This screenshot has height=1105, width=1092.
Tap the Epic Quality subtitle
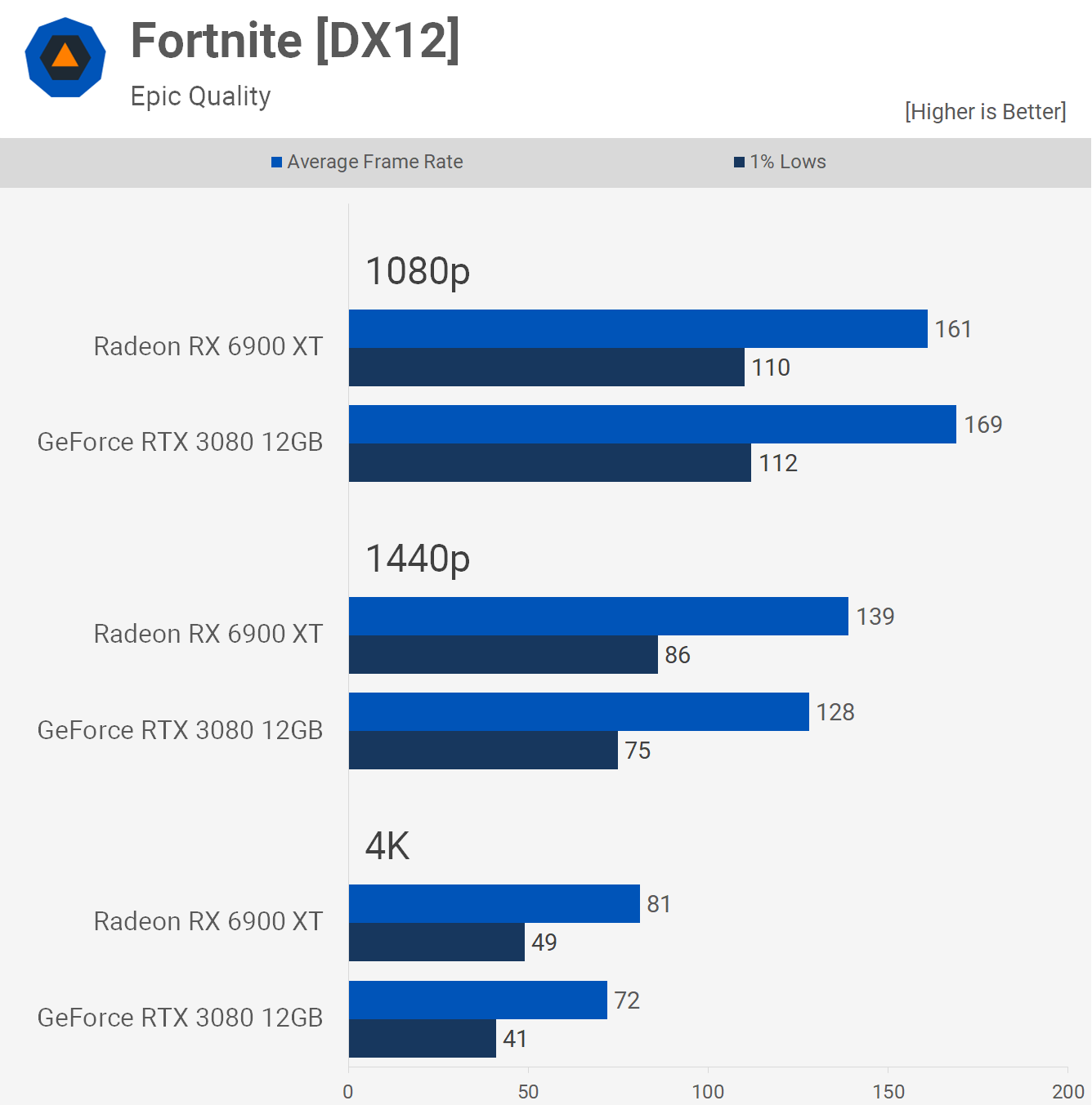pos(200,96)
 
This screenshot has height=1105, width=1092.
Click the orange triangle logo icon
pos(65,57)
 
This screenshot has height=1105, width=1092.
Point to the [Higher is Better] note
pos(985,112)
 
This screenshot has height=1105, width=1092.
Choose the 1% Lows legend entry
pos(781,162)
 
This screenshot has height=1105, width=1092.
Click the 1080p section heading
pos(418,271)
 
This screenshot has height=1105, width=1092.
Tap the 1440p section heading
pos(418,559)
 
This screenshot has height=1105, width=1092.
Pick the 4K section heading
pos(387,846)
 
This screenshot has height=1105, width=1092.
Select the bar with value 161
pos(638,329)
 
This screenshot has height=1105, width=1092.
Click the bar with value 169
pos(652,425)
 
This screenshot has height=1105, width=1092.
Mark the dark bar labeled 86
pos(503,655)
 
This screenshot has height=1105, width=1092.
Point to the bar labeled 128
pos(579,712)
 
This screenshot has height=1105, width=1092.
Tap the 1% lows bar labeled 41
pos(422,1039)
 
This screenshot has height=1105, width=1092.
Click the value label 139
pos(875,617)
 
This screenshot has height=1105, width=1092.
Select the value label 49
pos(544,942)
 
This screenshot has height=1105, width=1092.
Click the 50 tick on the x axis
pos(528,1092)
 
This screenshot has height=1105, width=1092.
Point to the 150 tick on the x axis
pos(888,1092)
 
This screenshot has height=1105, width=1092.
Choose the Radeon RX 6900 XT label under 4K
pos(208,921)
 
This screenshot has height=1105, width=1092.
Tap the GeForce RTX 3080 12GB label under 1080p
pos(181,442)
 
